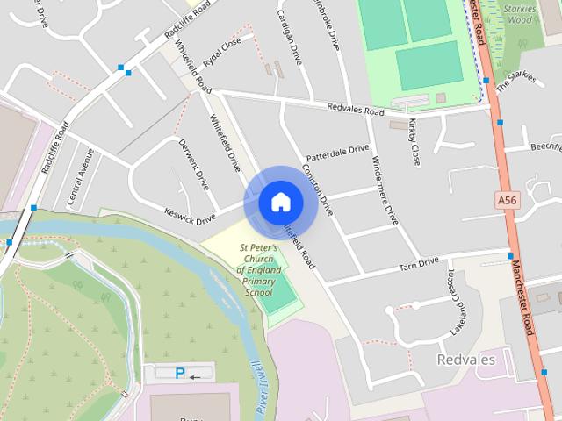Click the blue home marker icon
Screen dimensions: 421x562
click(280, 202)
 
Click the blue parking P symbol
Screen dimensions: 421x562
click(180, 374)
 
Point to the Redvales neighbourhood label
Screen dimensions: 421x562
click(465, 360)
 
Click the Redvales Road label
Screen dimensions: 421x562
click(356, 111)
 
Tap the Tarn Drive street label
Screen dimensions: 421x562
click(418, 263)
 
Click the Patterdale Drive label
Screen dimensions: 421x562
click(338, 150)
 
